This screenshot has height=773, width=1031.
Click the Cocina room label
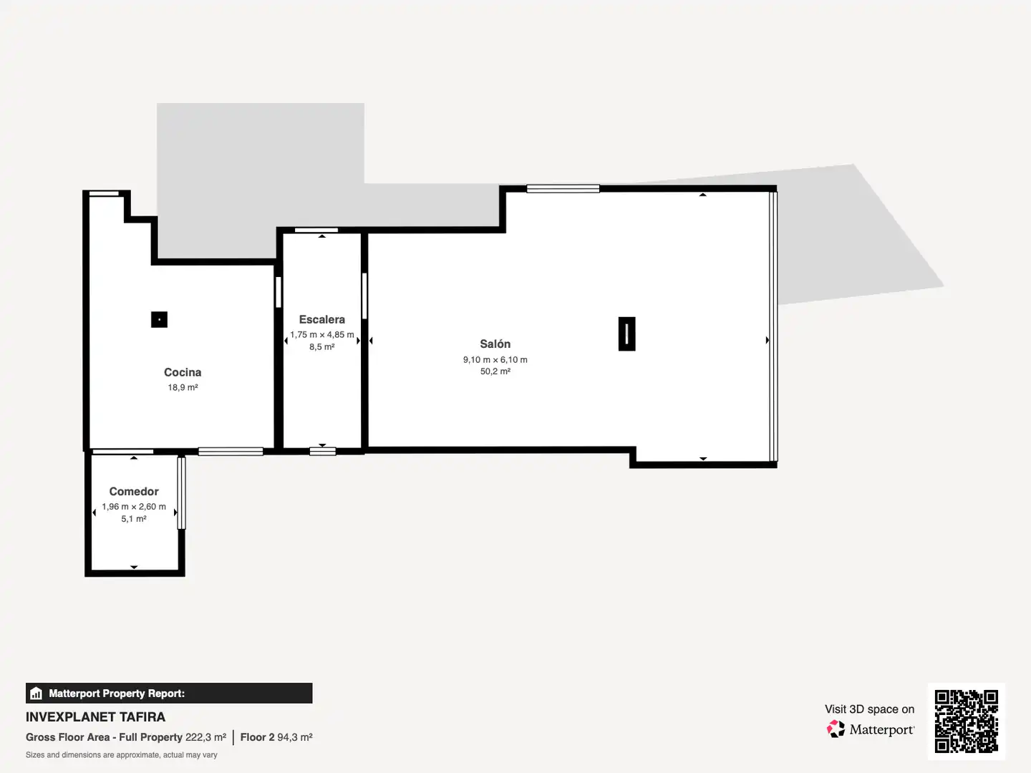coord(183,372)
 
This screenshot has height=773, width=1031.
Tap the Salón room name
coord(495,344)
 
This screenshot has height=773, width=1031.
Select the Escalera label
coord(321,320)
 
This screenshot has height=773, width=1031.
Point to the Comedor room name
coord(134,492)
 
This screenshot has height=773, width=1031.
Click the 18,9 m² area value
coord(183,388)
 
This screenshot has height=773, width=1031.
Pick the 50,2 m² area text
coord(495,371)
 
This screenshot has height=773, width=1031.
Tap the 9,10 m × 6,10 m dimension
coord(495,360)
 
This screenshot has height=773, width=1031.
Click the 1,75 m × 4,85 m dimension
coord(321,335)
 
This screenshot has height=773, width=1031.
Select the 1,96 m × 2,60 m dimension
coord(134,507)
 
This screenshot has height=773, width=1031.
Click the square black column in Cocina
coord(159,320)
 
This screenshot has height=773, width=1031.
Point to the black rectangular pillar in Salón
coord(626,334)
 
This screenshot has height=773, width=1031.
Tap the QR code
coord(966,721)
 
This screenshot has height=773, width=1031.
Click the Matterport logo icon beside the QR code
coord(836,729)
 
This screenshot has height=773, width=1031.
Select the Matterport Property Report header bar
coord(169,694)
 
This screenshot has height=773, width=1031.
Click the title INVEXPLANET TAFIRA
coord(95,717)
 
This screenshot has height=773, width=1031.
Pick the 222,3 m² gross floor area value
coord(205,737)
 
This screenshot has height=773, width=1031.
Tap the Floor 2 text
coord(257,737)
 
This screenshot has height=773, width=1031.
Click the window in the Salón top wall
coord(563,189)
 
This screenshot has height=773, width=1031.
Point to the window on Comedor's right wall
coord(181,493)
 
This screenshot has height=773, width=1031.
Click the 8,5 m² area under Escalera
coord(321,347)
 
